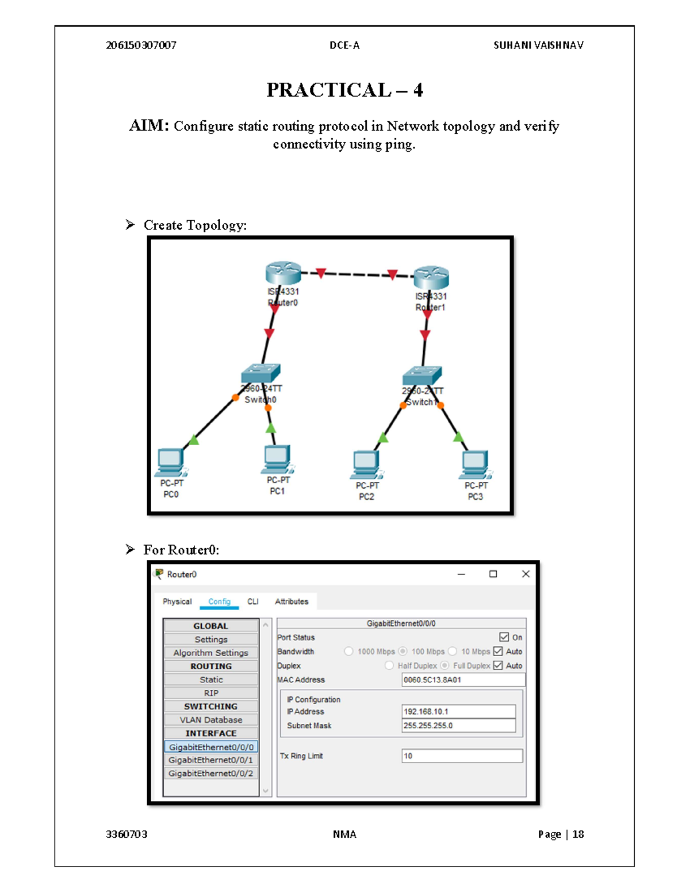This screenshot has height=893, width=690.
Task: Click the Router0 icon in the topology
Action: point(283,273)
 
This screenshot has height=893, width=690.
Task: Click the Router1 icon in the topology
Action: point(431,277)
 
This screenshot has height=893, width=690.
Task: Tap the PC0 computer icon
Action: point(171,462)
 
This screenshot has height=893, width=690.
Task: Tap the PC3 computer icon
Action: point(476,465)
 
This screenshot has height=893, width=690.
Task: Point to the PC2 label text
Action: point(366,497)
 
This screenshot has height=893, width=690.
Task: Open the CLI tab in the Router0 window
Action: point(253,601)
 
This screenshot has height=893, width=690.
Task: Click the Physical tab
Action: point(177,601)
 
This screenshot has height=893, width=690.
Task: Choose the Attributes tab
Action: point(292,601)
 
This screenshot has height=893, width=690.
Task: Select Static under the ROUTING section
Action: point(211,680)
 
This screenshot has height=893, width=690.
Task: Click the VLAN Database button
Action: point(211,720)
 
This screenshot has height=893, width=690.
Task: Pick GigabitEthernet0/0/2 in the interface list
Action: point(211,773)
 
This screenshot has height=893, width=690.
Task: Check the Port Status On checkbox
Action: point(504,637)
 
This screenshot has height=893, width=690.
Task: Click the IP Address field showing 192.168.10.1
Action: point(458,711)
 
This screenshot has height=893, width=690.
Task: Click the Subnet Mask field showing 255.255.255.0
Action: point(458,726)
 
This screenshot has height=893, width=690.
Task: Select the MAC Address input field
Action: point(463,680)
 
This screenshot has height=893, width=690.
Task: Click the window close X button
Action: point(526,574)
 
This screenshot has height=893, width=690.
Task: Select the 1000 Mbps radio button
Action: point(348,651)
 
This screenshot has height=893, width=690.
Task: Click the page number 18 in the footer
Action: point(578,834)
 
